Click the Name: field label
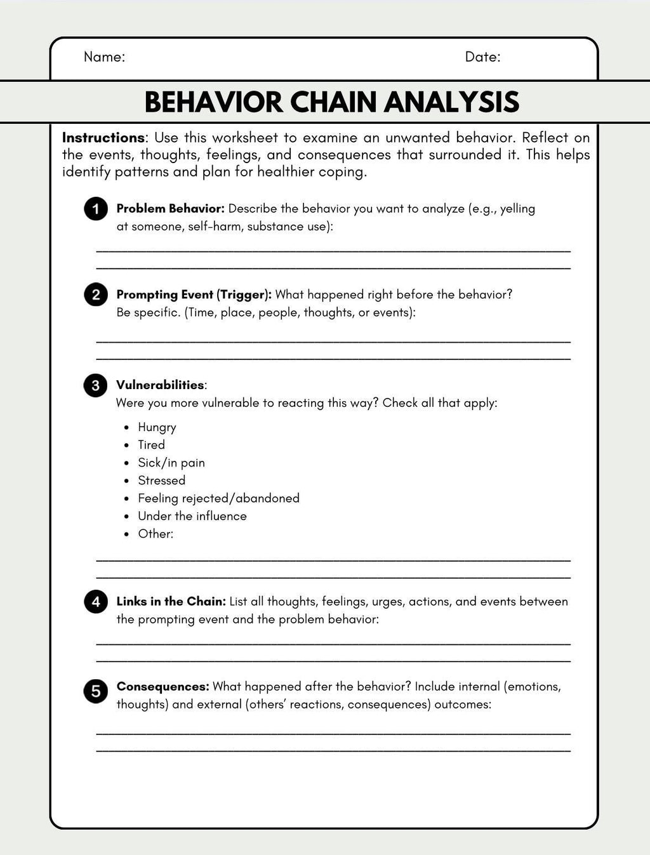(x=104, y=57)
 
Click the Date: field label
(x=482, y=57)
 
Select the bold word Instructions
(x=103, y=138)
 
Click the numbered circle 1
(x=96, y=209)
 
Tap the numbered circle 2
(x=96, y=295)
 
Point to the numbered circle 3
(x=96, y=385)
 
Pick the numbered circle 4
(x=96, y=602)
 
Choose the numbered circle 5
(x=96, y=691)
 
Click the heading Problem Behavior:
(x=170, y=209)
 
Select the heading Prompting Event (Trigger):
(x=194, y=295)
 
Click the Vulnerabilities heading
(x=160, y=385)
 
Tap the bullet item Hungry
(x=157, y=427)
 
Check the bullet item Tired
(x=151, y=445)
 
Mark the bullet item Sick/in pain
(x=171, y=463)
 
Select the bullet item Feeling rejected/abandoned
(x=218, y=498)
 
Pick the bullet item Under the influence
(x=192, y=516)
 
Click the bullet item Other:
(x=156, y=534)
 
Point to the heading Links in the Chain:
(x=171, y=602)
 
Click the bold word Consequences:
(x=162, y=687)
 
